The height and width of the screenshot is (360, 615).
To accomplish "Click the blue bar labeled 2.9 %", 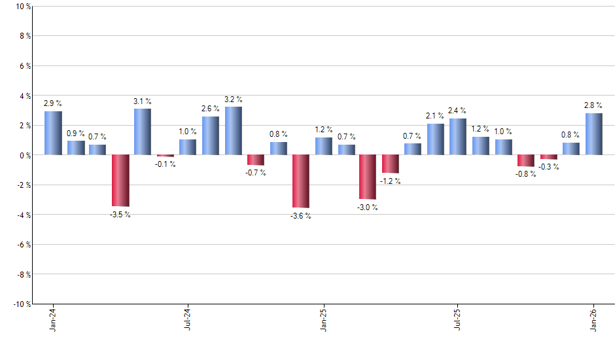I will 53,133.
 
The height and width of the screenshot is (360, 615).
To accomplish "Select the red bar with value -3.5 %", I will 120,180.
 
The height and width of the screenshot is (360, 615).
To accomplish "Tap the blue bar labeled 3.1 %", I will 143,132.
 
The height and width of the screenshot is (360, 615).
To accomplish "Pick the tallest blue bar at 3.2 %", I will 233,131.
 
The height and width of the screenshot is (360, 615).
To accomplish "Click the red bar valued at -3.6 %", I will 301,181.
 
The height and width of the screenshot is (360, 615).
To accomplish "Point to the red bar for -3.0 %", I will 368,177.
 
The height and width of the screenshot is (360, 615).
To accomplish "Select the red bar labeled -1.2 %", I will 391,164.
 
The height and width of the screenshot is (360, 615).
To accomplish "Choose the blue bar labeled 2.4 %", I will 458,137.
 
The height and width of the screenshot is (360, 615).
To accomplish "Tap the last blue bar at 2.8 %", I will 593,134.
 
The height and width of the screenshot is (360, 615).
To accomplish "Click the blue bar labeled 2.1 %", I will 436,139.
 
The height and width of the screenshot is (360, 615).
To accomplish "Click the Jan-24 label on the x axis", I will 53,320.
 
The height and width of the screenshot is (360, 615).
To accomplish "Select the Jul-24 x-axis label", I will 188,320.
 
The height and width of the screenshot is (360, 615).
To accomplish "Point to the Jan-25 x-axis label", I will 323,320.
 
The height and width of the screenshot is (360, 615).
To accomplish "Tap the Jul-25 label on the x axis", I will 458,320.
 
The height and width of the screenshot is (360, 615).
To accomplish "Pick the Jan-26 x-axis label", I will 593,320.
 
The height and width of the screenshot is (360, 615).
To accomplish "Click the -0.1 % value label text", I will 165,164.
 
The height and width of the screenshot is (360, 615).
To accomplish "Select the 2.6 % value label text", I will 210,109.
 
